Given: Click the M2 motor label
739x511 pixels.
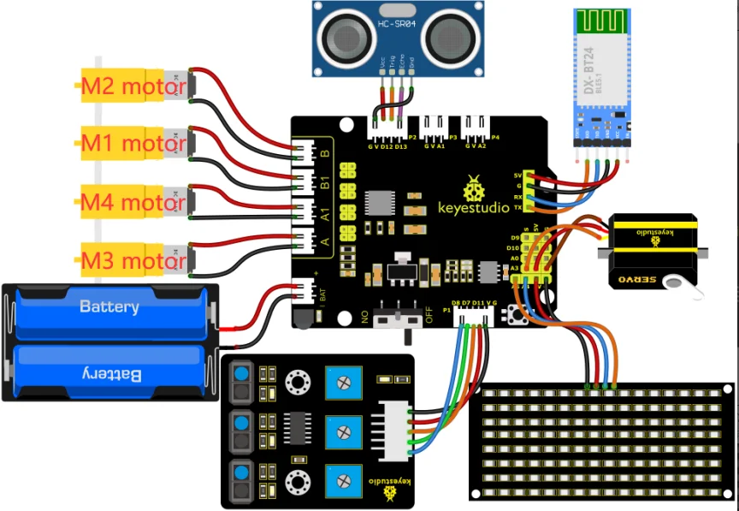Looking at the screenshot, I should pyautogui.click(x=133, y=86).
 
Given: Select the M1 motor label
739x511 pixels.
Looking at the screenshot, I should pyautogui.click(x=133, y=144).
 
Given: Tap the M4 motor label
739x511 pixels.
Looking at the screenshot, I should pyautogui.click(x=133, y=203).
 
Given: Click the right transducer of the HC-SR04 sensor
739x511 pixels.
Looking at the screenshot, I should pyautogui.click(x=450, y=38).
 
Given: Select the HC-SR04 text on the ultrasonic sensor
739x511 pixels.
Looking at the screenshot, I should pyautogui.click(x=397, y=27).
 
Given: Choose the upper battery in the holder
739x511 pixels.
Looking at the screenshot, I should pyautogui.click(x=109, y=306).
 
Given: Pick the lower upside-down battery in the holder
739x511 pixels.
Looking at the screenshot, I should pyautogui.click(x=109, y=373).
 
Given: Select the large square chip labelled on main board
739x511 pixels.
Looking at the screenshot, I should pyautogui.click(x=379, y=203).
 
